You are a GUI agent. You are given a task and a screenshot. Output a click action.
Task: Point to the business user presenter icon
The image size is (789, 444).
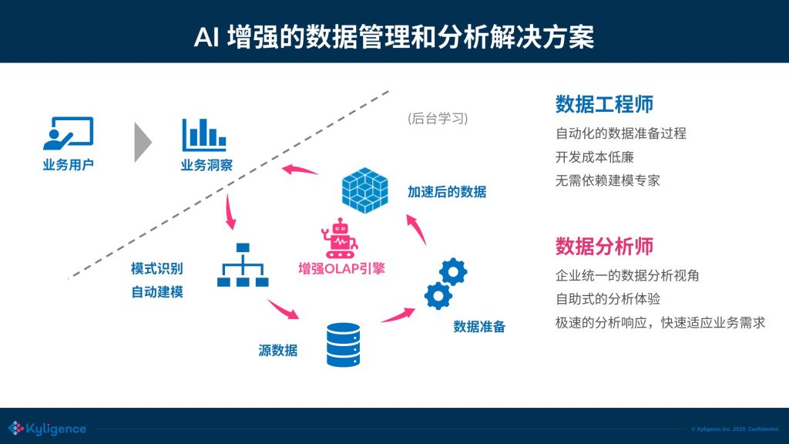click(68, 134)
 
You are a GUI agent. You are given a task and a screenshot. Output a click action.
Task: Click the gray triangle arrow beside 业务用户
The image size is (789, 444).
click(141, 141)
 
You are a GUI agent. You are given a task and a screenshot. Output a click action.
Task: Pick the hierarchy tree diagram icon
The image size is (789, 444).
click(243, 265)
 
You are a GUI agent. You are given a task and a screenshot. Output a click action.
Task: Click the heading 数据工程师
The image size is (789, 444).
click(605, 105)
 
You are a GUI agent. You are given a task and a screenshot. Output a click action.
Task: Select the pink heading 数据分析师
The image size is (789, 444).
click(605, 246)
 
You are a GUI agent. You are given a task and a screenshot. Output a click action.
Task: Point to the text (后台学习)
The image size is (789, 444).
click(437, 119)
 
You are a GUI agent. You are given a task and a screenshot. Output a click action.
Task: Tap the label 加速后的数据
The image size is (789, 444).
click(447, 192)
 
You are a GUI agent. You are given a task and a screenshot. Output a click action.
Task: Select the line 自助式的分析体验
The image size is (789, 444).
click(608, 298)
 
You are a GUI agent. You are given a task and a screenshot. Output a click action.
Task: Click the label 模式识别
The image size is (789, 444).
click(156, 268)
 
